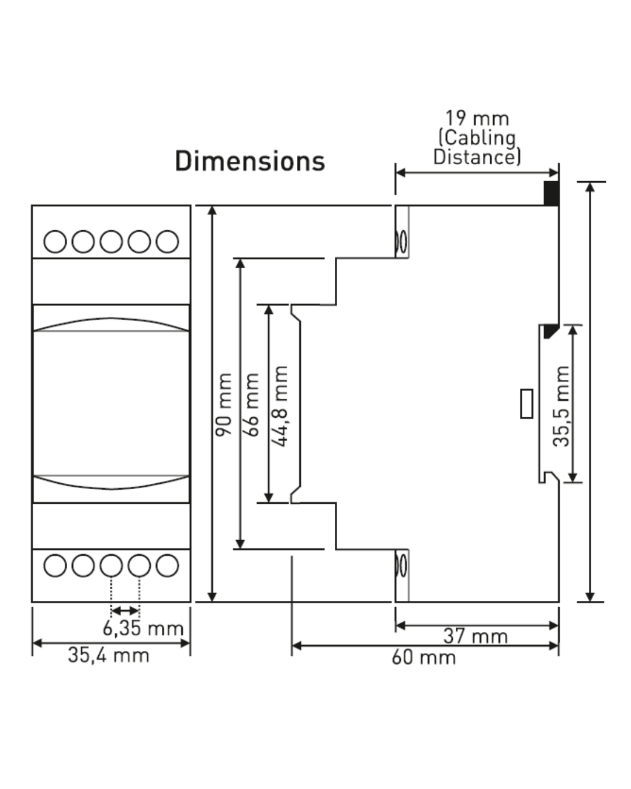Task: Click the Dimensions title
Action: (x=249, y=161)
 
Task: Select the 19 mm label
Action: (x=477, y=119)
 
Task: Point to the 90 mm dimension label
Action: (x=224, y=405)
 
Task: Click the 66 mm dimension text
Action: (x=251, y=405)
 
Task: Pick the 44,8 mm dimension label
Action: (x=279, y=406)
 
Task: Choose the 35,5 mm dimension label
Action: (x=561, y=406)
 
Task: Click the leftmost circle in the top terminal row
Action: (x=55, y=241)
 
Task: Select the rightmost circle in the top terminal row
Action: (x=167, y=241)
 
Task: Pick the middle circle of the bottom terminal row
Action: (x=111, y=566)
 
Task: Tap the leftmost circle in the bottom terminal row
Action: (x=55, y=566)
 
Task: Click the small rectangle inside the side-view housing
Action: (x=526, y=404)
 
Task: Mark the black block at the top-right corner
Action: (x=552, y=193)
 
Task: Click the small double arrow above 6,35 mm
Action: (x=125, y=611)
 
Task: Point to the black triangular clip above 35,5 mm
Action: (x=550, y=330)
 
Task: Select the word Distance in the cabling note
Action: (x=477, y=157)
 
